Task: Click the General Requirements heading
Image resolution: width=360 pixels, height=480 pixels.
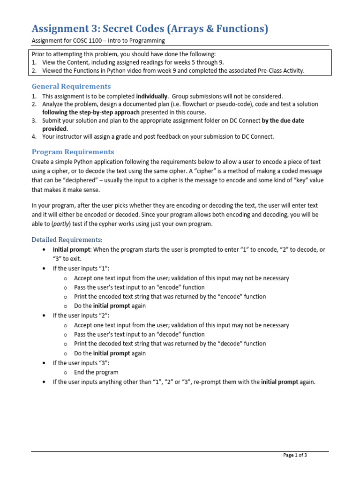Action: pyautogui.click(x=71, y=86)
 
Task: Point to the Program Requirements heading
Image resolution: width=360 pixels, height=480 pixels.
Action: pyautogui.click(x=73, y=152)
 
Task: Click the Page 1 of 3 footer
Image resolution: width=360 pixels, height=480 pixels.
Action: pyautogui.click(x=295, y=455)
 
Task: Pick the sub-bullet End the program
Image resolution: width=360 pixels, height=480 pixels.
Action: pyautogui.click(x=96, y=372)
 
